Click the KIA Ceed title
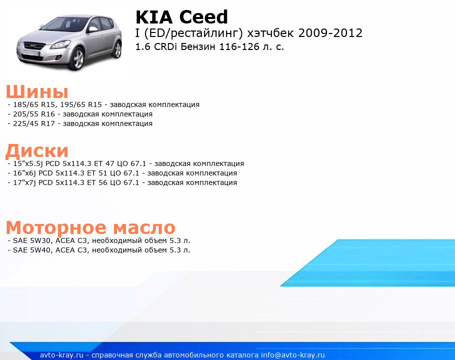point(181,17)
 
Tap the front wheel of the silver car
point(77,59)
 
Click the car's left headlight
point(60,44)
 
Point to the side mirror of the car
point(93,29)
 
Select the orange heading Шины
point(37,92)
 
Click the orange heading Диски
point(37,151)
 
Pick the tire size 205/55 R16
point(34,114)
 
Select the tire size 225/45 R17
point(34,124)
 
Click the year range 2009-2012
point(330,33)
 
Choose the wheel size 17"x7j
point(24,183)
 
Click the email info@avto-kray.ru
point(293,355)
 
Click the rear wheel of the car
point(117,49)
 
